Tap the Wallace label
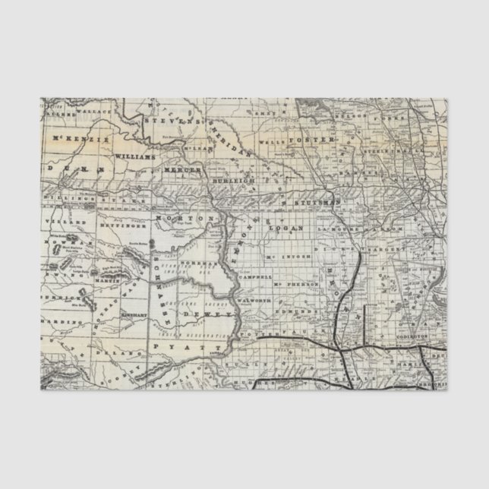pyautogui.click(x=98, y=111)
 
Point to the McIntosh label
pyautogui.click(x=286, y=256)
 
